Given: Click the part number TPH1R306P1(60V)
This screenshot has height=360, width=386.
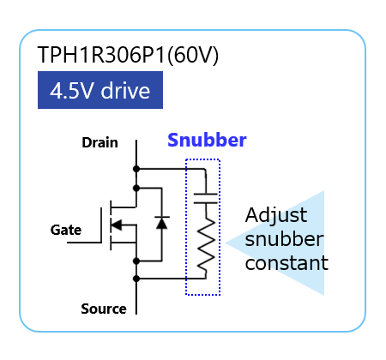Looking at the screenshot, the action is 128,55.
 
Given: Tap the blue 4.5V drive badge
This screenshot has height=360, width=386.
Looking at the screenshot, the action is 100,90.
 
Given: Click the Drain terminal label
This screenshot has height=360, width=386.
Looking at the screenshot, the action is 100,142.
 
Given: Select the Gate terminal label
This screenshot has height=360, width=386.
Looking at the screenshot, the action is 66,230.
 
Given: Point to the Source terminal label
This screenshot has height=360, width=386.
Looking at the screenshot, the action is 104,309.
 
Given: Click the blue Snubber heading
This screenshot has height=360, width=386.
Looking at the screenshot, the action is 207,140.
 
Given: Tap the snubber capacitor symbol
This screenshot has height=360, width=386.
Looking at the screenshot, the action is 206,199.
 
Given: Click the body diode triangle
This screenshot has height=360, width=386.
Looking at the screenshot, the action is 162,223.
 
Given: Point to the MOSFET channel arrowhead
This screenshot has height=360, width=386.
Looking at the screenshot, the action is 117,225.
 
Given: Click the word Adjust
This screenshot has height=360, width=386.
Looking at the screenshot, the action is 276,216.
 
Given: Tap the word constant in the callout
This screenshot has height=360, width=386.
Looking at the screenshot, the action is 286,263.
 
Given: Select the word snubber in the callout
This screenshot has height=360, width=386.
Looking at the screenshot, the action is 284,239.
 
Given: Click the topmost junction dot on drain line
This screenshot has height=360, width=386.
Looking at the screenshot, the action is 136,169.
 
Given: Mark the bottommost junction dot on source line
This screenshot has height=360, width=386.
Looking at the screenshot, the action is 136,279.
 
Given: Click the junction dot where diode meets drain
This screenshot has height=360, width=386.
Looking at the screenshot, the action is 136,189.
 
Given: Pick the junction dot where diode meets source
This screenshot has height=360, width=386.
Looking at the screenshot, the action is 136,261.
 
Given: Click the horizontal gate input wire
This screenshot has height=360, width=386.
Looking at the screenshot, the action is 84,243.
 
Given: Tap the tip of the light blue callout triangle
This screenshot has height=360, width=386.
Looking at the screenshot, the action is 226,243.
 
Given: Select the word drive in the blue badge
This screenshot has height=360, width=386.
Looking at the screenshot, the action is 125,91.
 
